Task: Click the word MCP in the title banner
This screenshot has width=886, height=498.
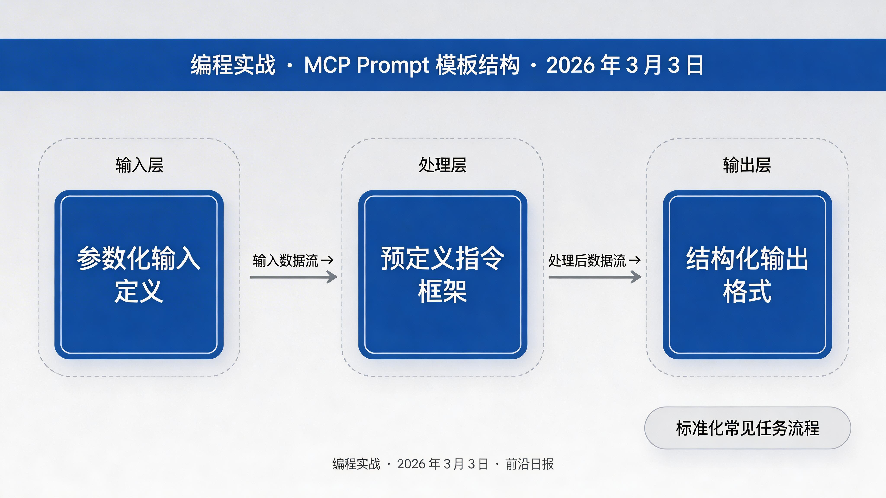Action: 327,65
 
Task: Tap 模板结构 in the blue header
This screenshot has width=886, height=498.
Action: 477,65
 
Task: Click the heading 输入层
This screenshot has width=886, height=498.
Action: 139,165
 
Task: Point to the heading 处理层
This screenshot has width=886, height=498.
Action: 443,165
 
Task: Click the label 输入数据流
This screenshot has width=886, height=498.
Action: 286,260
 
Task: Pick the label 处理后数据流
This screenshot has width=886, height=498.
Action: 587,260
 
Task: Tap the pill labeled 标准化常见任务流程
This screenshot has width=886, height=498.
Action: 747,428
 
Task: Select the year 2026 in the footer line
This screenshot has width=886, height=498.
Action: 411,464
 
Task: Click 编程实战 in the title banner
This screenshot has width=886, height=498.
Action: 233,65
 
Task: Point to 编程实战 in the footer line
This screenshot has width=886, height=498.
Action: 356,464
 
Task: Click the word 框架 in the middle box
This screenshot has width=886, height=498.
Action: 443,291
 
